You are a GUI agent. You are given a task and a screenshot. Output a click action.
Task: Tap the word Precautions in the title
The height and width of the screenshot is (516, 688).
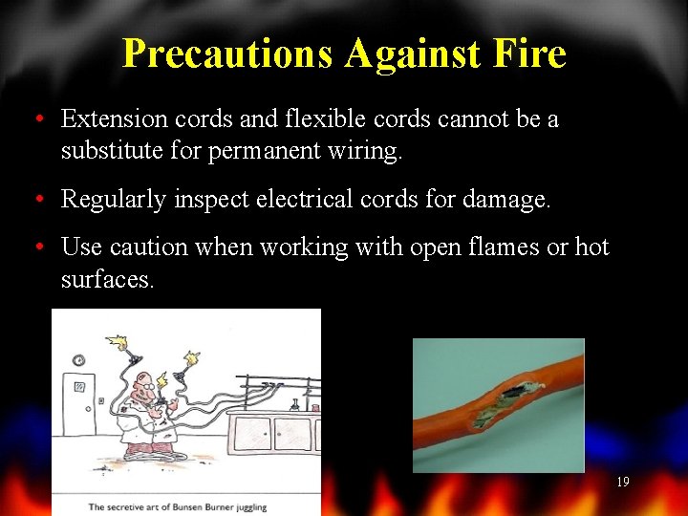click(x=228, y=54)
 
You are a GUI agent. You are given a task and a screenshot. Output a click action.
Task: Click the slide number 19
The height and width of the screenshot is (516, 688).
click(x=622, y=483)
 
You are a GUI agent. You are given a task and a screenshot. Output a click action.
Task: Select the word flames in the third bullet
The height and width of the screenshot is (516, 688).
click(x=500, y=247)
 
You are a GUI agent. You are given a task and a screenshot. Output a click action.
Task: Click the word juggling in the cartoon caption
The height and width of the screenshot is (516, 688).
click(x=246, y=506)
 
